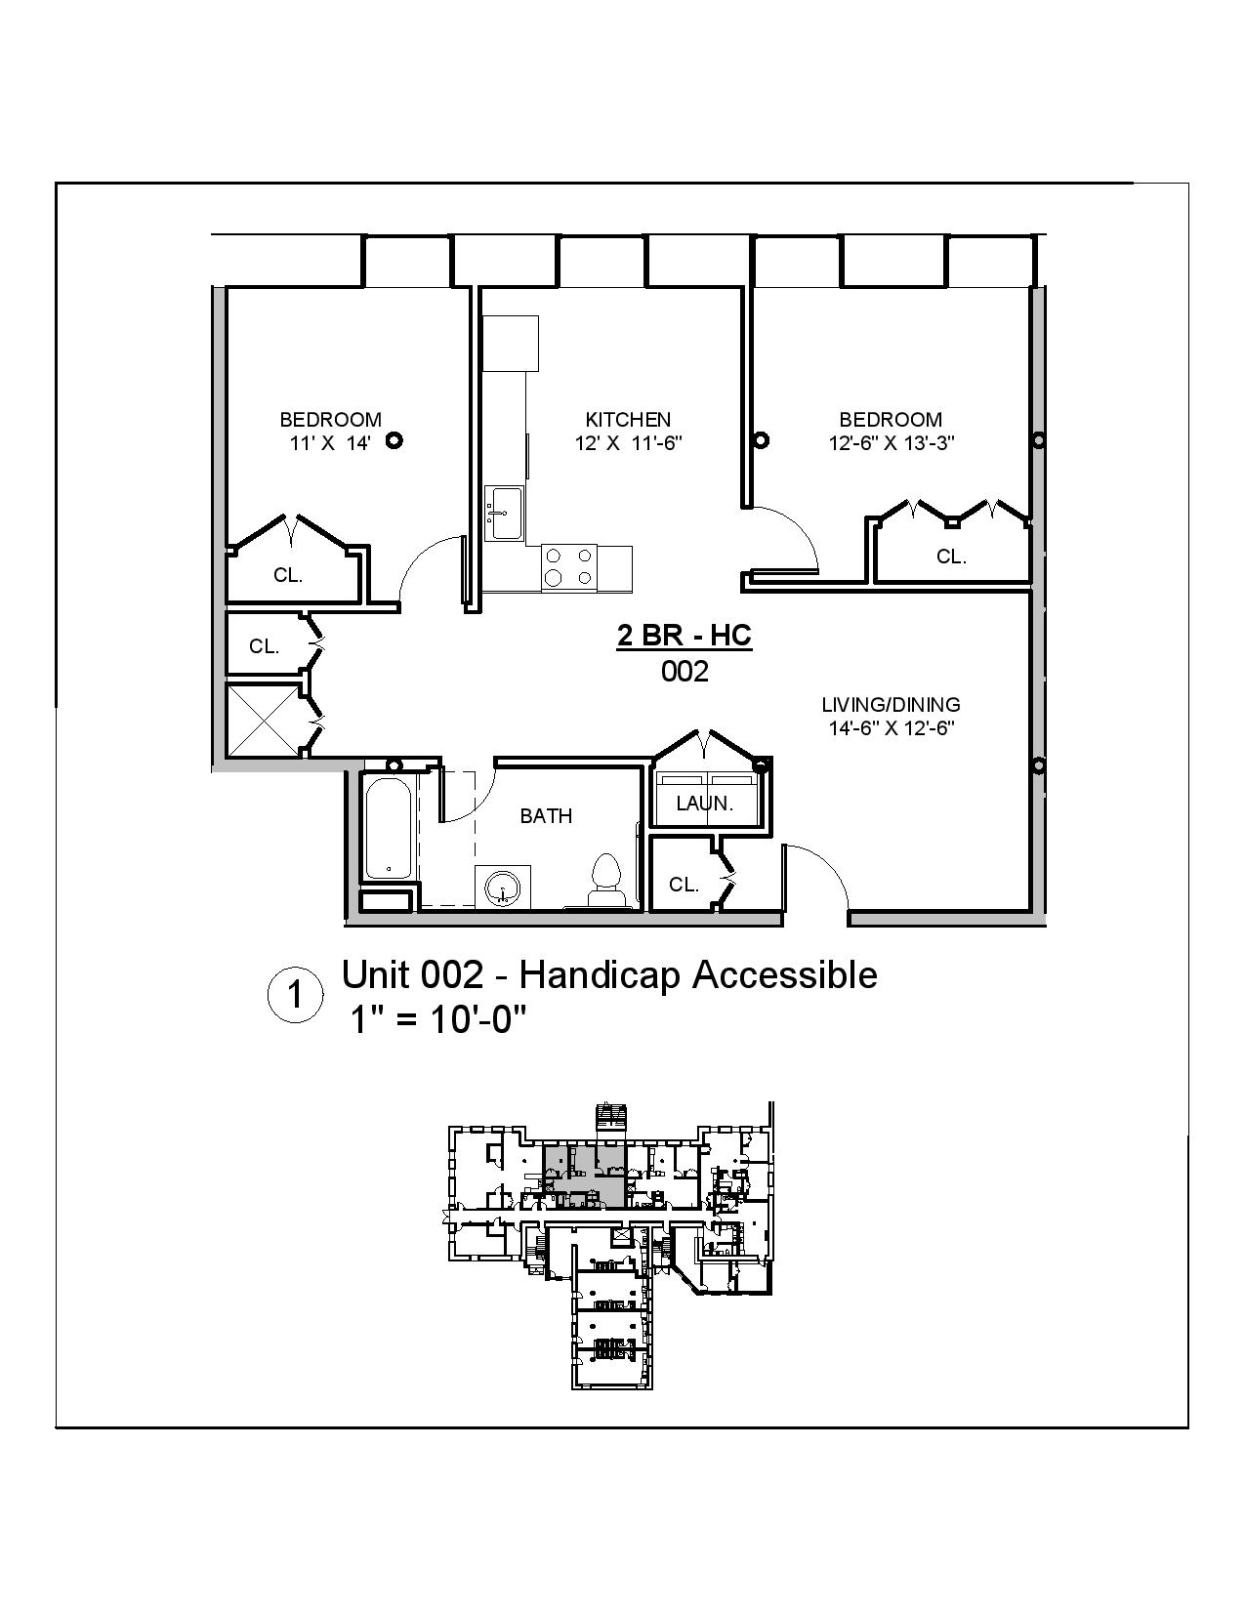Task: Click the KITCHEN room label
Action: click(x=628, y=420)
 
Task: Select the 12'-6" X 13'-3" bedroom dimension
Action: click(x=891, y=442)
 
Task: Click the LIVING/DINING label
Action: click(x=891, y=704)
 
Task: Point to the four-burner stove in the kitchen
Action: click(x=568, y=566)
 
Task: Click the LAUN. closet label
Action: click(x=704, y=804)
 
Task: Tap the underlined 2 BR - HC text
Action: click(x=684, y=636)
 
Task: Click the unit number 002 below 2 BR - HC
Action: click(x=685, y=672)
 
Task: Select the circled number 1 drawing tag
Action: click(x=294, y=996)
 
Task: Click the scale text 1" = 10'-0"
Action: click(x=438, y=1020)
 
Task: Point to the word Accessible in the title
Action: click(x=784, y=974)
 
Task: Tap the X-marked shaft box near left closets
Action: click(x=263, y=720)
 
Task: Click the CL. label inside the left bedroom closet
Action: click(x=287, y=575)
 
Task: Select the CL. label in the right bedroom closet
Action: click(x=950, y=557)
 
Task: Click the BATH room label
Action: click(x=546, y=816)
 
